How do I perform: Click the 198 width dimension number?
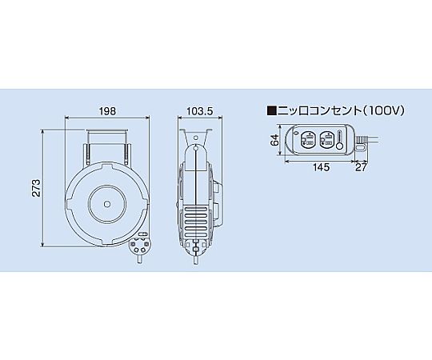click(x=107, y=111)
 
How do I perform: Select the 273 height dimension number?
click(x=36, y=188)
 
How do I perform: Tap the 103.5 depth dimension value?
click(x=200, y=111)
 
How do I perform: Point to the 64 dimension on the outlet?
click(x=274, y=140)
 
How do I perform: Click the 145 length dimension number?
click(x=322, y=167)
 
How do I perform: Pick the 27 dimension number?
click(x=361, y=167)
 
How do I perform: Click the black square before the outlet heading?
click(x=272, y=110)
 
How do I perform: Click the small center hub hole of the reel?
click(x=107, y=204)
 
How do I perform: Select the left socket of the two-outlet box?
click(x=307, y=139)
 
